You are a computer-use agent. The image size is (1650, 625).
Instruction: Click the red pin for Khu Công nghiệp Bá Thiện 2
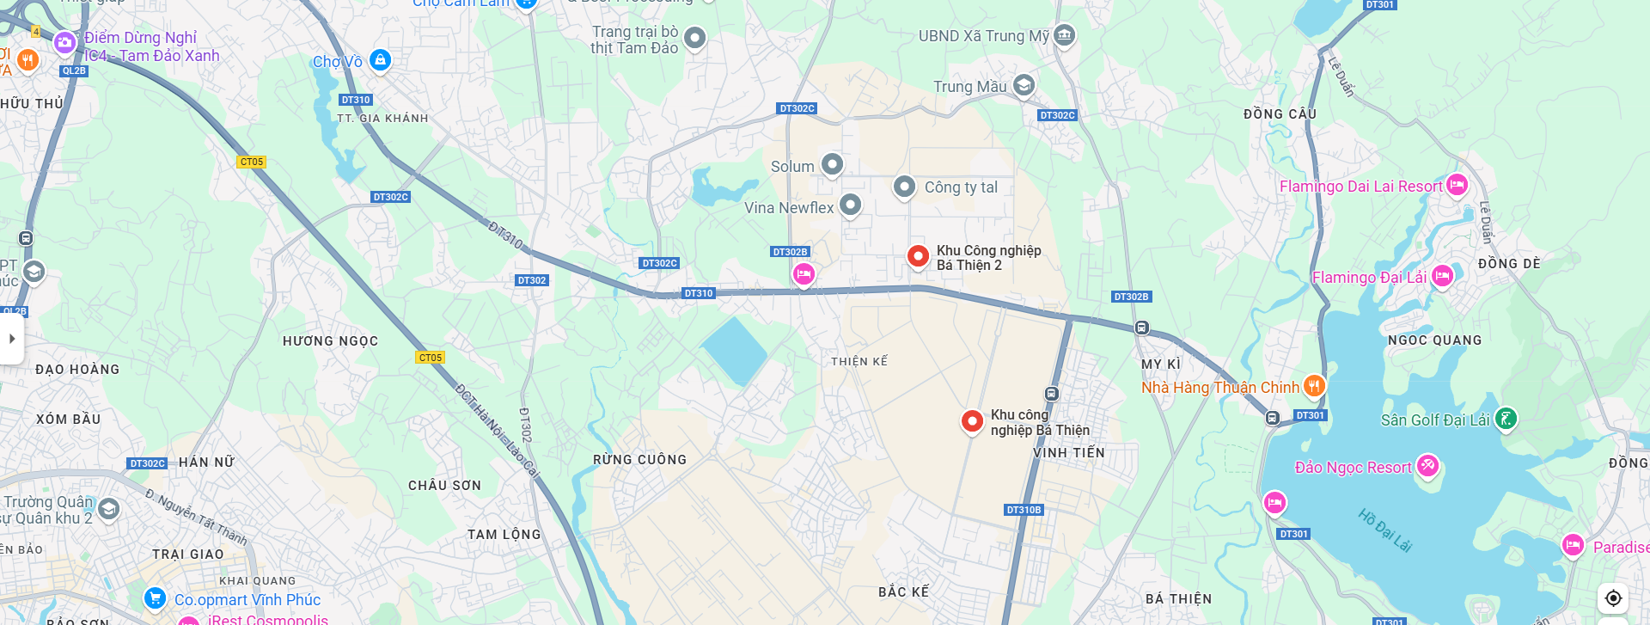pyautogui.click(x=918, y=255)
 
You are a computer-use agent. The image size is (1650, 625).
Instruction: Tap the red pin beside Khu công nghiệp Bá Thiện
pyautogui.click(x=972, y=420)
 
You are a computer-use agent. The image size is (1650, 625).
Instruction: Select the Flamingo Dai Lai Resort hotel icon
pyautogui.click(x=1457, y=184)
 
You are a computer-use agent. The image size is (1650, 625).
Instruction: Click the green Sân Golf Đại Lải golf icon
pyautogui.click(x=1506, y=419)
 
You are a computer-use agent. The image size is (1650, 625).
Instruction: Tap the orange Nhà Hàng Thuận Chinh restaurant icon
pyautogui.click(x=1314, y=386)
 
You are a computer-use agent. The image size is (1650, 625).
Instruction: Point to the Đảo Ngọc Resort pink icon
pyautogui.click(x=1427, y=466)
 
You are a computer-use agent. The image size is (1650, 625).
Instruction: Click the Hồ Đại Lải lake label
pyautogui.click(x=1384, y=530)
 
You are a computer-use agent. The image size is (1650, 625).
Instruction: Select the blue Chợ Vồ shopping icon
pyautogui.click(x=380, y=59)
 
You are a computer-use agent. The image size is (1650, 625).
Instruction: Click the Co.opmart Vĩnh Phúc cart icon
pyautogui.click(x=155, y=597)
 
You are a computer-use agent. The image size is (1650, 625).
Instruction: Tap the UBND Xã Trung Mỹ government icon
pyautogui.click(x=1065, y=35)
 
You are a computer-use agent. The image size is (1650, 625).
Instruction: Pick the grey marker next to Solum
pyautogui.click(x=832, y=163)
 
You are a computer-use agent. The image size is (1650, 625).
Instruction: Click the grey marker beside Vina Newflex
pyautogui.click(x=850, y=205)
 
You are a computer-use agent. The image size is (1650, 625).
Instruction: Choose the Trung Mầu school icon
pyautogui.click(x=1024, y=85)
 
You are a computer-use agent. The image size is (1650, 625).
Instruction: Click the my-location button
pyautogui.click(x=1613, y=597)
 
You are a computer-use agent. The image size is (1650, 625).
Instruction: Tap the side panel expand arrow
pyautogui.click(x=12, y=339)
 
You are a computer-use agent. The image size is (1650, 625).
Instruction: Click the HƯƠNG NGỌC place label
pyautogui.click(x=330, y=341)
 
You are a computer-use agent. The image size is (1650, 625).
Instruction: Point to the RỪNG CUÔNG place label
pyautogui.click(x=639, y=460)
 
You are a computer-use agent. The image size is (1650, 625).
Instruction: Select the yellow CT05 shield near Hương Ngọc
pyautogui.click(x=430, y=358)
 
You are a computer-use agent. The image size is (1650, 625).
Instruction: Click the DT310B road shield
pyautogui.click(x=1024, y=510)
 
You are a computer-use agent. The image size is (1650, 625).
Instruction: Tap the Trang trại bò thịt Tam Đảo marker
pyautogui.click(x=694, y=38)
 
